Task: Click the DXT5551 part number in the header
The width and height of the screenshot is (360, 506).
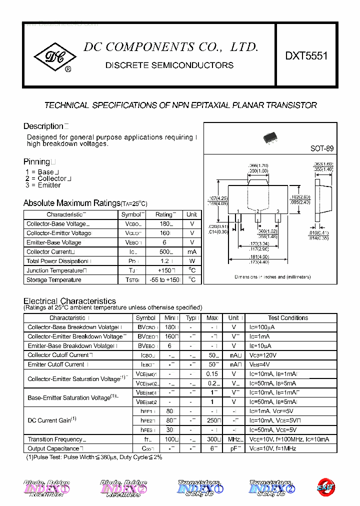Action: tap(306, 56)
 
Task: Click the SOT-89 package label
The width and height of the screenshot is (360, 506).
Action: tap(321, 148)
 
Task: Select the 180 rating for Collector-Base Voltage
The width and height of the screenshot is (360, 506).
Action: tap(162, 224)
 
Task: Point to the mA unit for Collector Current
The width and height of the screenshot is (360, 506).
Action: tap(191, 252)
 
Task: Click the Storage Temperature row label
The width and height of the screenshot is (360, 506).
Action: tap(53, 280)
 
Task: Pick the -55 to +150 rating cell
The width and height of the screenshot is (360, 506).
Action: tap(163, 280)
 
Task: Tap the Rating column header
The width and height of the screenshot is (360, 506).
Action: tap(163, 214)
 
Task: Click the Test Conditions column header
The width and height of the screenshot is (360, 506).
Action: tap(288, 318)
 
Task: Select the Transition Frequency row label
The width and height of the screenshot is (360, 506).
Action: tap(55, 439)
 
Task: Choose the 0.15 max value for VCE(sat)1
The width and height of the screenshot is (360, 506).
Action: tap(212, 374)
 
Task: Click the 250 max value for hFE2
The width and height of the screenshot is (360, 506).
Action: tap(212, 420)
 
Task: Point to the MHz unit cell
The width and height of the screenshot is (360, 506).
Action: tap(233, 439)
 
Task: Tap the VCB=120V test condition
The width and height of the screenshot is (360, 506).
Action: tap(263, 355)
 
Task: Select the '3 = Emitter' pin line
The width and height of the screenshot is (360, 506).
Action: tap(43, 185)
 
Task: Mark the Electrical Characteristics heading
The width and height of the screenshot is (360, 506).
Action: tap(69, 301)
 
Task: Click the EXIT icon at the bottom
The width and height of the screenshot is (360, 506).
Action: tap(325, 486)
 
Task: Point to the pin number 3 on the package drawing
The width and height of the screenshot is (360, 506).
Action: tap(277, 212)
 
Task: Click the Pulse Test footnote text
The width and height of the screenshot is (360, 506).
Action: tap(93, 457)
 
